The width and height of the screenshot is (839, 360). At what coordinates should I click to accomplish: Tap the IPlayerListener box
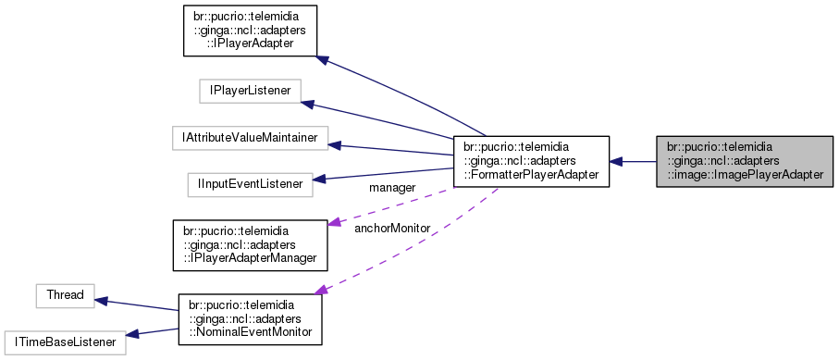click(245, 91)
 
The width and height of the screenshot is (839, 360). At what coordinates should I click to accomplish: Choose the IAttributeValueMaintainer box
click(251, 138)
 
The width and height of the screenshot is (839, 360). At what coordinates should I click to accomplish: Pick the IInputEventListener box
click(249, 184)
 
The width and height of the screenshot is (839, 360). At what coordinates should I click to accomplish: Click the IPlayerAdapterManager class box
click(251, 245)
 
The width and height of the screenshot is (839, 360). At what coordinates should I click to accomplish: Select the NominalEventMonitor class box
click(249, 319)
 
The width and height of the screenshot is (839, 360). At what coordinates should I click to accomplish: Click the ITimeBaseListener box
click(64, 342)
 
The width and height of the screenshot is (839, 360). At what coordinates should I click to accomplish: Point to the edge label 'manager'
click(391, 188)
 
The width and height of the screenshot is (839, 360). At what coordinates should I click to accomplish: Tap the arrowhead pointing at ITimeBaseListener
click(131, 335)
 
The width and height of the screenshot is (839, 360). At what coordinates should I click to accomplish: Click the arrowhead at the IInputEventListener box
click(320, 180)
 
